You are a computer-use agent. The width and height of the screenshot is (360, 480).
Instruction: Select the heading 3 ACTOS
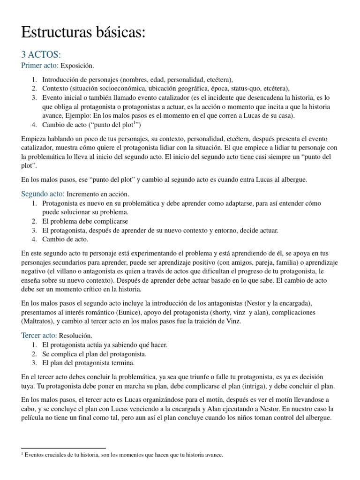41,55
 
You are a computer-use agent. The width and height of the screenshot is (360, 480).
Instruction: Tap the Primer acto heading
40,66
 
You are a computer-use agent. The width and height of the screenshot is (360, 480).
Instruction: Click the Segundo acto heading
43,194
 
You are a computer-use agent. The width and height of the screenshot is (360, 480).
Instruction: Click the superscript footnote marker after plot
135,123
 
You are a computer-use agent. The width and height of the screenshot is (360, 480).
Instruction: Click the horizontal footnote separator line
64,448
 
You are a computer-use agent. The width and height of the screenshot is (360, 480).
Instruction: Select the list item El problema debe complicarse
85,221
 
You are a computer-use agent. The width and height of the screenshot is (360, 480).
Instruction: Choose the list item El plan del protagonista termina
88,363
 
